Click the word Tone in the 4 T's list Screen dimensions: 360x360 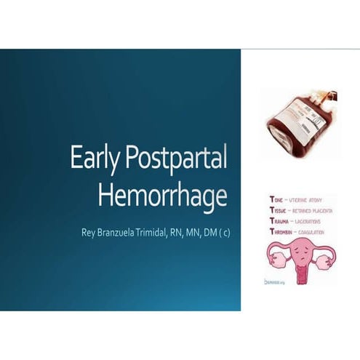[x=276, y=199]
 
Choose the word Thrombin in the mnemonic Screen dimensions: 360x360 [x=283, y=232]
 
